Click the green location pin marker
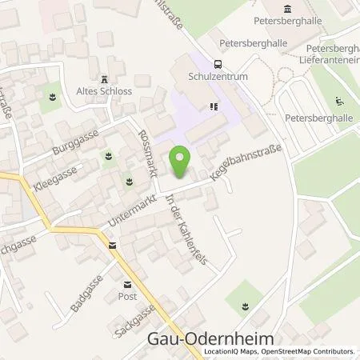182,162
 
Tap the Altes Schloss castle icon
105,78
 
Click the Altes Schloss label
105,91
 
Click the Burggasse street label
72,146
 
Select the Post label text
127,295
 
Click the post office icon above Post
127,283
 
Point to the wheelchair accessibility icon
339,101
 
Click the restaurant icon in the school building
213,106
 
